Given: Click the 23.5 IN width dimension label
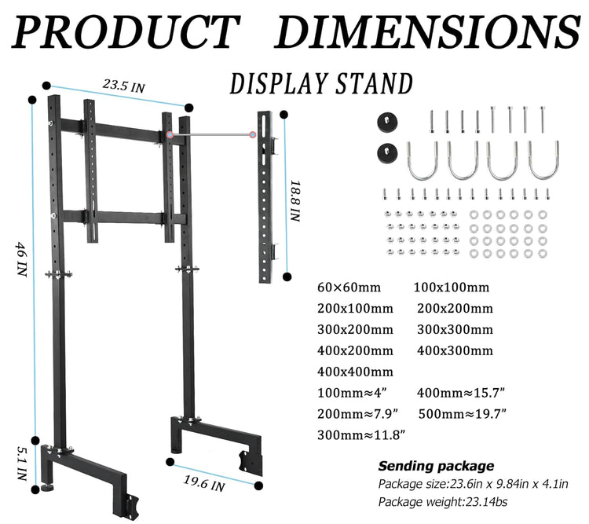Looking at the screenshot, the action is (123, 86).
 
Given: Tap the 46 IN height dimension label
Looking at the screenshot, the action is (21, 259).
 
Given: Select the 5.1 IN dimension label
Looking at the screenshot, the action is (22, 463).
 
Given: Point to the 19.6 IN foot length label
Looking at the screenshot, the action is (204, 483).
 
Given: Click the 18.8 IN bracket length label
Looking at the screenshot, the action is (295, 201).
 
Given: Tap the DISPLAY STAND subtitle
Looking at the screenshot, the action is (321, 83).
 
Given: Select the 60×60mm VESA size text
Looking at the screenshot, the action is (349, 288).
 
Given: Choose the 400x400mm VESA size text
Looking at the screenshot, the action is (355, 372).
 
